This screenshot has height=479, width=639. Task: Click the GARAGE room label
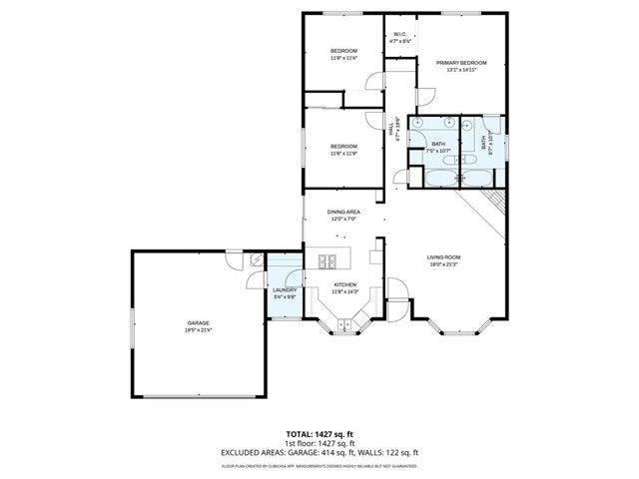coord(198,322)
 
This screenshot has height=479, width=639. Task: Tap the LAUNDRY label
coord(285,290)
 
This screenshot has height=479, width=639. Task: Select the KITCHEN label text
coord(344,284)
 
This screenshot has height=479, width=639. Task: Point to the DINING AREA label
coord(344,213)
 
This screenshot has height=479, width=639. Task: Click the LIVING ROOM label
coord(444,256)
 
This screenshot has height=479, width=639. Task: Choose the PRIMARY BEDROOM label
coord(456,63)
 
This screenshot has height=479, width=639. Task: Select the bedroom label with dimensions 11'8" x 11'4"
coord(344,51)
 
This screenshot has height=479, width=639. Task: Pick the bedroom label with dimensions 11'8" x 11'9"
coord(344,147)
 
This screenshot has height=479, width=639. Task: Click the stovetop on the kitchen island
coord(326,262)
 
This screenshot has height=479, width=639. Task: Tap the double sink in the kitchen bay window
coord(345,324)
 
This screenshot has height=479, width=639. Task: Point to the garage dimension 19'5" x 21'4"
coord(198,330)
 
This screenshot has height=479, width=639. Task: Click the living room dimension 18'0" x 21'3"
coord(444,264)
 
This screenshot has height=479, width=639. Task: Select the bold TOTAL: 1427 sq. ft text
coord(319,435)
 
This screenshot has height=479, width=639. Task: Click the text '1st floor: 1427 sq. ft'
coord(319,443)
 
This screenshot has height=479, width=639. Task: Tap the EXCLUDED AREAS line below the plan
coord(319,452)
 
